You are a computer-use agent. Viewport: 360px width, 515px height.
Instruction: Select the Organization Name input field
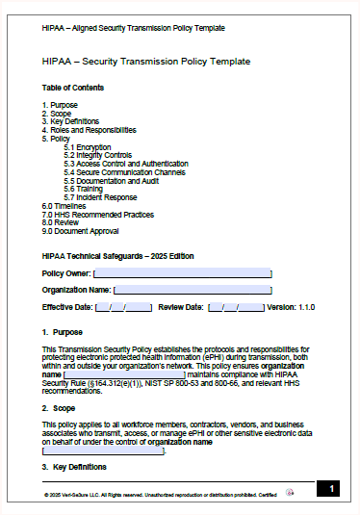point(193,290)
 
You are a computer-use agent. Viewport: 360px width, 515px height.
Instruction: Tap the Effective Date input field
point(123,307)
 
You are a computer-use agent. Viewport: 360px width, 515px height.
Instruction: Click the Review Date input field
point(236,307)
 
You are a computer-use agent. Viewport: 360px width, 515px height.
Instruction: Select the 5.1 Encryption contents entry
point(88,147)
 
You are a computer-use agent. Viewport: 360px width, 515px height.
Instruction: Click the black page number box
point(328,490)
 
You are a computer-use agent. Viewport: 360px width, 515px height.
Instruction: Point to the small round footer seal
point(291,492)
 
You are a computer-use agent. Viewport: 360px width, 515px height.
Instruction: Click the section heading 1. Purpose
point(62,332)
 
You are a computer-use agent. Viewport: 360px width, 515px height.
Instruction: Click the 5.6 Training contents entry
point(84,189)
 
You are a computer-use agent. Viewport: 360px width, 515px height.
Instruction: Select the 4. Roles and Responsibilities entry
point(90,130)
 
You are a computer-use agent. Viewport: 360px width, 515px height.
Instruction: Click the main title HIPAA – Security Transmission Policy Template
point(146,62)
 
